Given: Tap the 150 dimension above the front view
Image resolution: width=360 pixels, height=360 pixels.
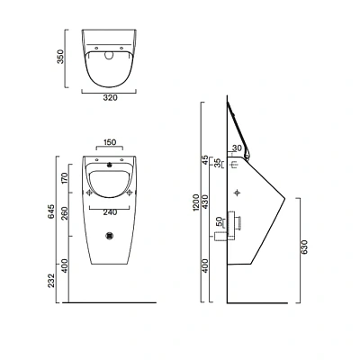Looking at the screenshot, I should click(109, 141).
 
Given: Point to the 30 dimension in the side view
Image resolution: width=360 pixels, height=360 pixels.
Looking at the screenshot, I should click(237, 148).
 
